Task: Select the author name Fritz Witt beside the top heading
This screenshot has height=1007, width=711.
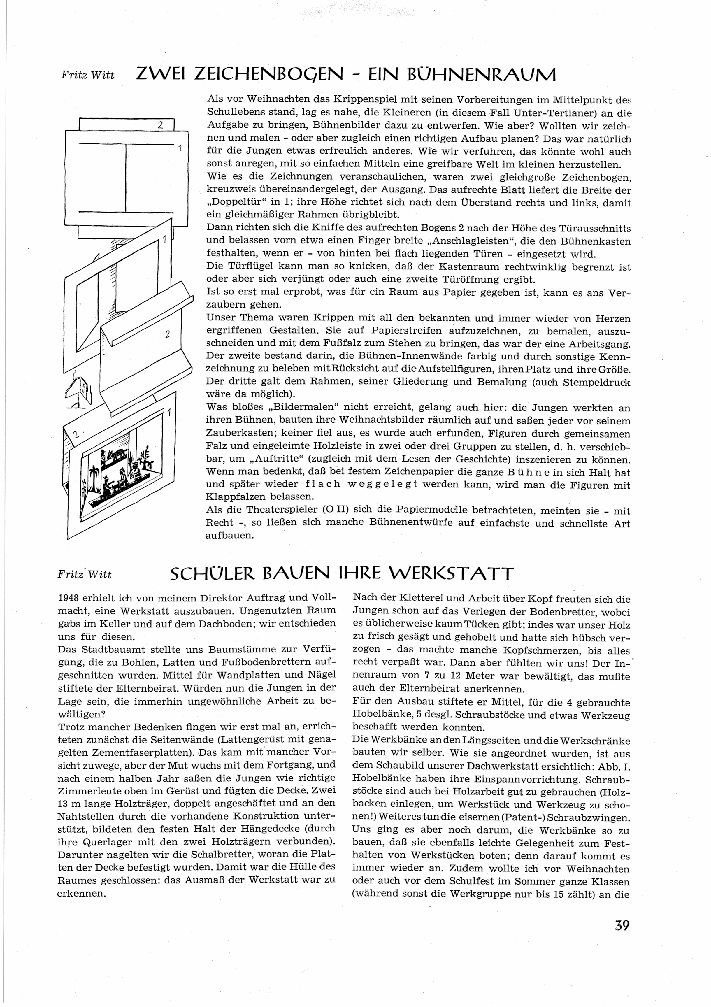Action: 88,75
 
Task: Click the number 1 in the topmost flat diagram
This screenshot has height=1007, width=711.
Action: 180,149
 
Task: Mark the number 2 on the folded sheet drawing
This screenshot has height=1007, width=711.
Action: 167,334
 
